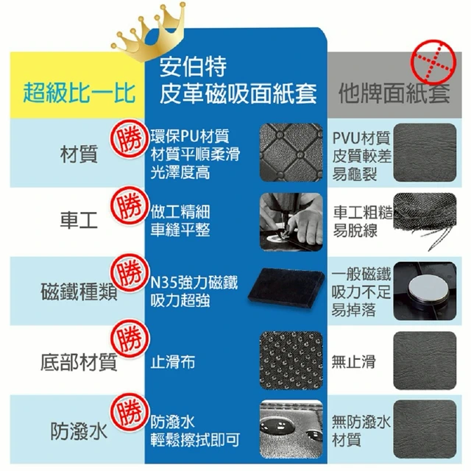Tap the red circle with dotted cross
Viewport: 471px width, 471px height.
(x=433, y=62)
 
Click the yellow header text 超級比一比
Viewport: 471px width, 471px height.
(x=79, y=93)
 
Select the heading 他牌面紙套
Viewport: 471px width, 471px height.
(x=394, y=93)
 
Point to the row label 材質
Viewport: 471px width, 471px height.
(x=79, y=154)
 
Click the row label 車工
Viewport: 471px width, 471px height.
(x=79, y=220)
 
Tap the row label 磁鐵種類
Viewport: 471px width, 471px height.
(x=79, y=291)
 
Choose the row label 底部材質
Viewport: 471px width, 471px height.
(x=79, y=362)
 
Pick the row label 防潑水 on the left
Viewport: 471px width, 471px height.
(x=79, y=431)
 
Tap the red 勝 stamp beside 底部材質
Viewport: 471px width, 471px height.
(x=130, y=339)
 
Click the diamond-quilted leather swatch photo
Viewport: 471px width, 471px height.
(x=291, y=152)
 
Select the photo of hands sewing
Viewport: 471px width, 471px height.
(x=291, y=222)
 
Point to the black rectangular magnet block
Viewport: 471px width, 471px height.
(x=286, y=288)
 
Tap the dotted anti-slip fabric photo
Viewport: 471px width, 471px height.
(x=291, y=361)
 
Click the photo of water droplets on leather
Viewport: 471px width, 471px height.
(x=291, y=429)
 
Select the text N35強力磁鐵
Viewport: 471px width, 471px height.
(x=194, y=283)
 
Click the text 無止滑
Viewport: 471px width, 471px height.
(x=353, y=361)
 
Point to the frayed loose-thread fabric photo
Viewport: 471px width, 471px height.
(x=425, y=222)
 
